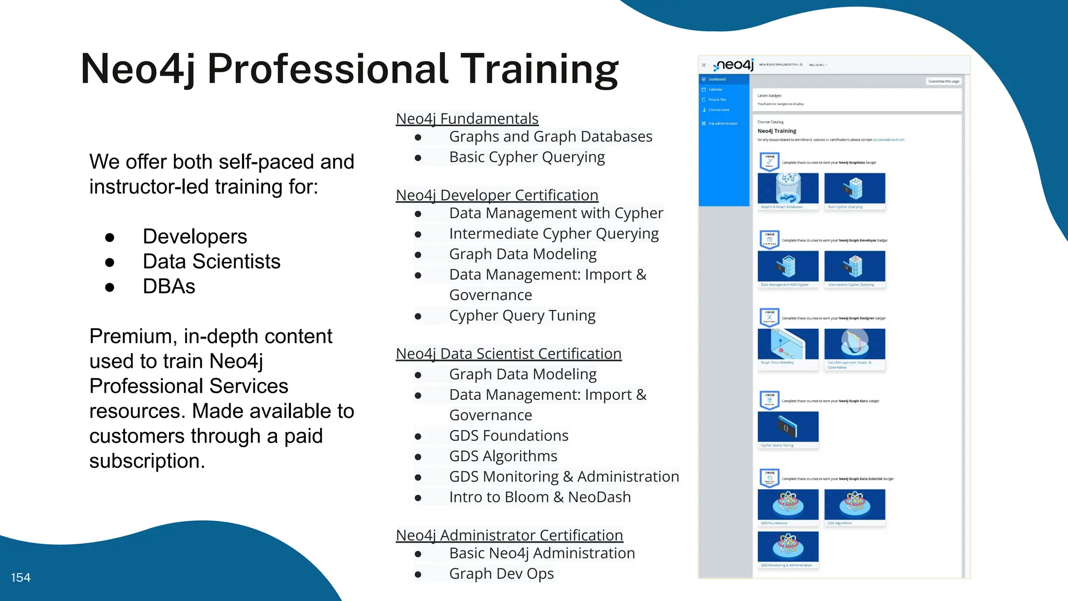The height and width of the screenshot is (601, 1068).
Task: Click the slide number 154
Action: point(21,578)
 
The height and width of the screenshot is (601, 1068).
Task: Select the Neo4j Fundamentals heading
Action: point(467,118)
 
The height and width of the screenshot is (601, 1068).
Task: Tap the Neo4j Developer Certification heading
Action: point(496,195)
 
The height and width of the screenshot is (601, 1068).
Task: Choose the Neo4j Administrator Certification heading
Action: point(509,535)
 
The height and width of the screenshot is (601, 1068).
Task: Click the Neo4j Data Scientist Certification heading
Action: point(508,354)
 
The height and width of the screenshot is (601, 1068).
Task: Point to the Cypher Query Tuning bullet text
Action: point(522,316)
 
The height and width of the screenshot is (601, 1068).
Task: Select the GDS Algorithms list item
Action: point(503,456)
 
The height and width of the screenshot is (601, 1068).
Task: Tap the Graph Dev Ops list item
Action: point(501,573)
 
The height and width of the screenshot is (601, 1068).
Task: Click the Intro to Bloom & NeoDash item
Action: point(540,497)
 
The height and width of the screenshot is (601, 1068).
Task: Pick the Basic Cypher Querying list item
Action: point(527,157)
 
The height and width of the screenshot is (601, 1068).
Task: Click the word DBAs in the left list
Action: point(169,286)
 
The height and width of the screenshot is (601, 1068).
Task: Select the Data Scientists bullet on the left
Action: point(211,261)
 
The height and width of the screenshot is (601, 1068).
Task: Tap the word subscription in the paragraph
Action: point(147,461)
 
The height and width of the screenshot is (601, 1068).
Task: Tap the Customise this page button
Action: point(943,81)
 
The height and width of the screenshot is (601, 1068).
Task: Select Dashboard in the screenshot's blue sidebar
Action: point(717,79)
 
